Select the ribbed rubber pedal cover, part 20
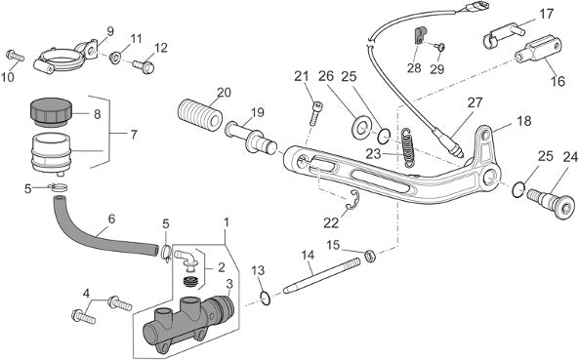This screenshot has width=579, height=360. point(199,114)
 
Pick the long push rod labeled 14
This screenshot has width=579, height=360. point(321,276)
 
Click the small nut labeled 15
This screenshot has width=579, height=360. point(370,256)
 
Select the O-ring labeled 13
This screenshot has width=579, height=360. point(266,298)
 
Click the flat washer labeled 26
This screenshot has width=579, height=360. point(360,129)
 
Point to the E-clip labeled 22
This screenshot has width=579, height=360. point(353,201)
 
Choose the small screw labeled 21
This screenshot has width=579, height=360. point(314,113)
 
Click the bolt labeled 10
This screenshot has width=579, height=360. point(16,56)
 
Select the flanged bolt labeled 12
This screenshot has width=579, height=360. point(144,66)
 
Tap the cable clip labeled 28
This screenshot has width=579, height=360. point(419,35)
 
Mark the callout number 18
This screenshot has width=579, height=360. point(524,121)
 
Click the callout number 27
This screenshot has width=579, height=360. point(475,102)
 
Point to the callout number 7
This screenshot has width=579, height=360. point(133,134)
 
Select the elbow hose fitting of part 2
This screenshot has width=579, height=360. point(186,258)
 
